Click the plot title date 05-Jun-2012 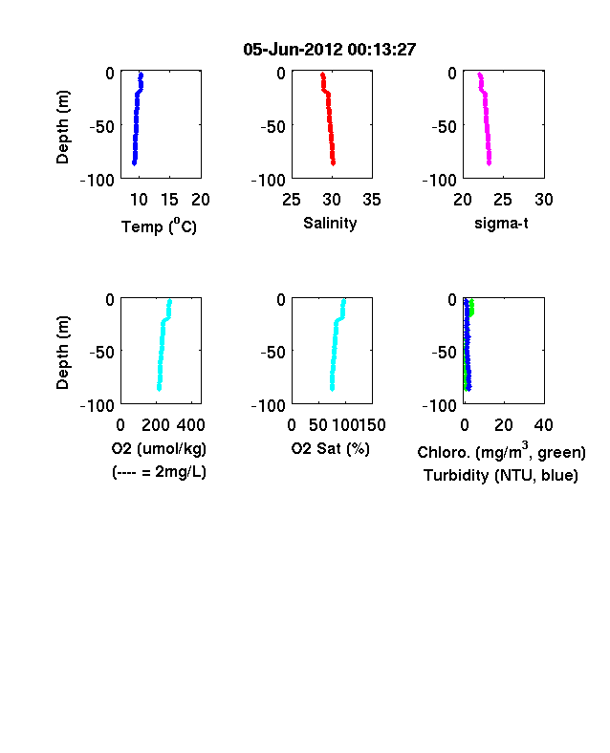coord(293,50)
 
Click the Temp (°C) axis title coord(159,226)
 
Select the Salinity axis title coord(330,224)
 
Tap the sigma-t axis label coord(501,224)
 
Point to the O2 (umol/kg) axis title coord(159,449)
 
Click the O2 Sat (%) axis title coord(331,449)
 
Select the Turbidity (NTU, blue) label coord(501,476)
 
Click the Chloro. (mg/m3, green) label coord(501,451)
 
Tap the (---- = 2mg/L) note coord(159,473)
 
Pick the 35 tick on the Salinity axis coord(372,200)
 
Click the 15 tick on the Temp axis coord(169,200)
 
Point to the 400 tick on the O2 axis coord(190,425)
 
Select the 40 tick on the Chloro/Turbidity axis coord(543,425)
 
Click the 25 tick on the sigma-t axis coord(503,200)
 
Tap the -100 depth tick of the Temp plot coord(98,181)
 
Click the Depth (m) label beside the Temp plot coord(62,127)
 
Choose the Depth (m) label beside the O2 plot coord(62,353)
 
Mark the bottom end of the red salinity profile coord(333,163)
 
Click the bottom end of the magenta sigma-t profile coord(489,163)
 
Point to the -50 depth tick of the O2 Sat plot coord(273,353)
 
